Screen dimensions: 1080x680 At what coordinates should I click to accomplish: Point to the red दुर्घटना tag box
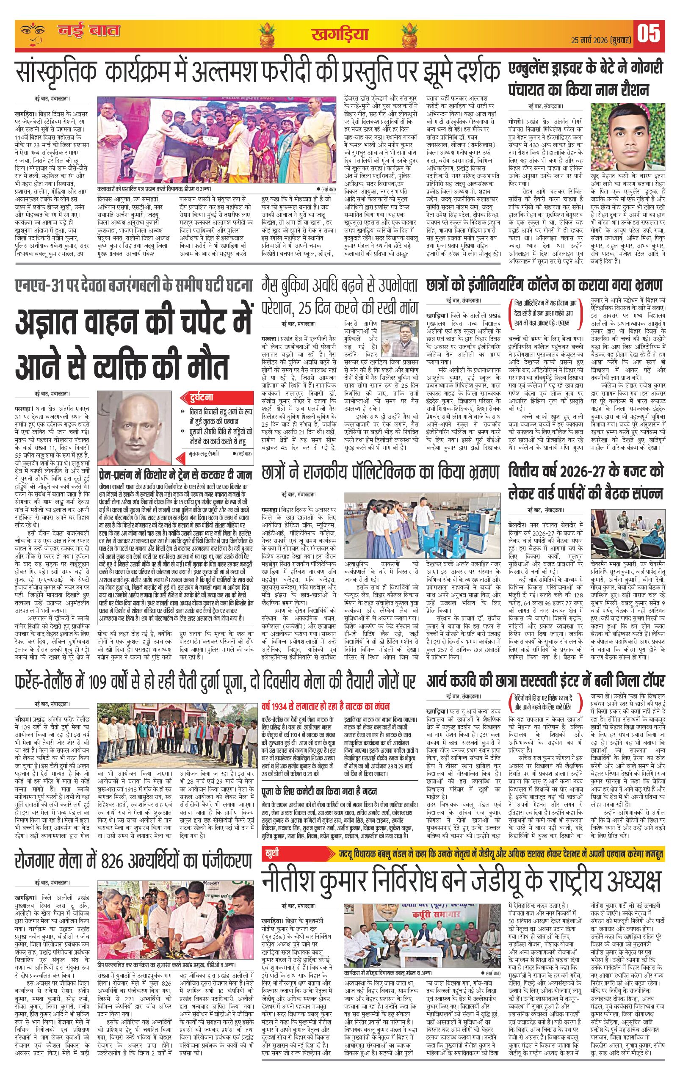(x=198, y=397)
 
